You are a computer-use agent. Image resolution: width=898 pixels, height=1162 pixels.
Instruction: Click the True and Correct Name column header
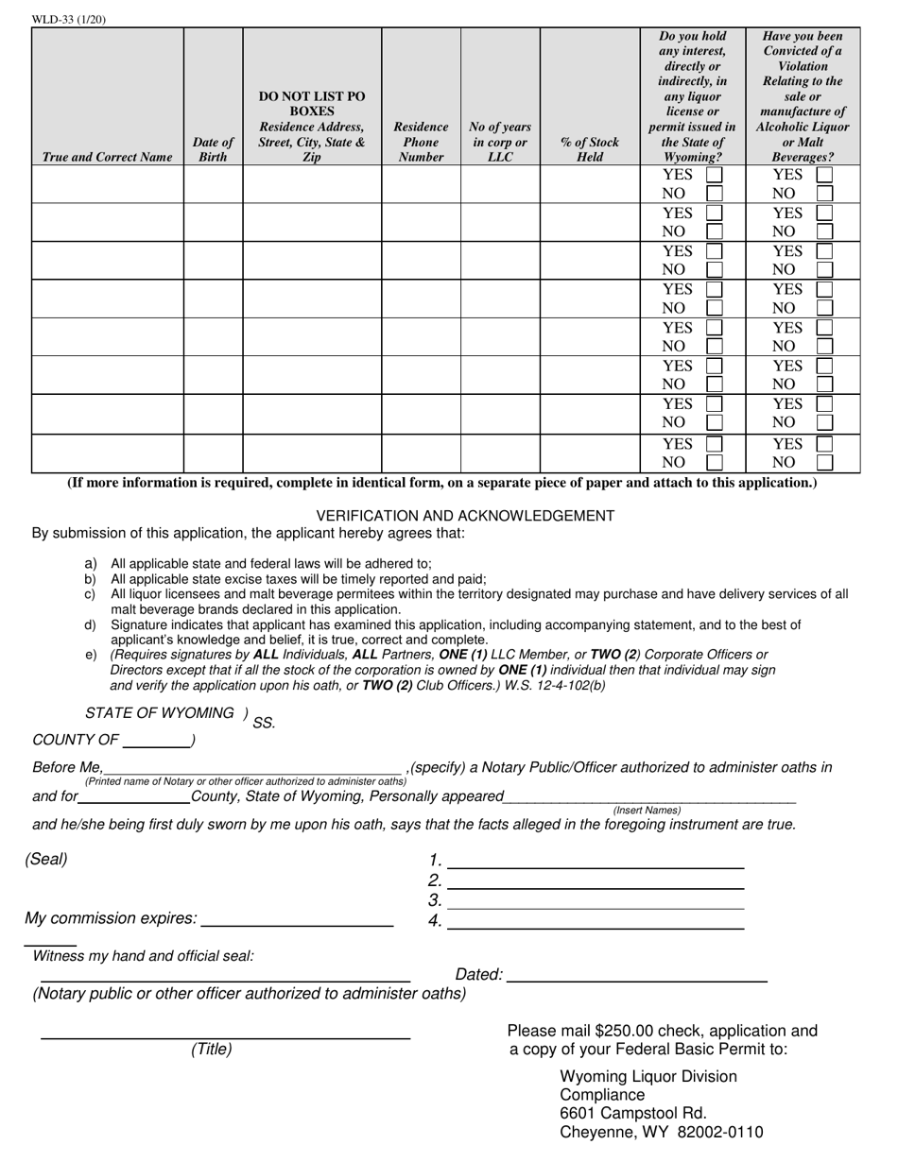pyautogui.click(x=108, y=157)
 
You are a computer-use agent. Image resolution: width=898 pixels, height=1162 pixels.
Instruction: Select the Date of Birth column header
pyautogui.click(x=213, y=149)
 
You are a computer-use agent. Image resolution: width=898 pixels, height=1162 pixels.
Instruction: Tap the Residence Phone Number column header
pyautogui.click(x=421, y=142)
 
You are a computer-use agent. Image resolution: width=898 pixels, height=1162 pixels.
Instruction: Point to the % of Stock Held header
pyautogui.click(x=590, y=149)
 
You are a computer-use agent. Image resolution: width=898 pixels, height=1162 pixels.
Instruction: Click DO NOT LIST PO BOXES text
pyautogui.click(x=311, y=103)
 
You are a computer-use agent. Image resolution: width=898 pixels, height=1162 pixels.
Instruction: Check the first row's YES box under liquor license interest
pyautogui.click(x=716, y=175)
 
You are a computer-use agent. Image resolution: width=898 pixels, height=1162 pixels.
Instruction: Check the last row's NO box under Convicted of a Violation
pyautogui.click(x=825, y=462)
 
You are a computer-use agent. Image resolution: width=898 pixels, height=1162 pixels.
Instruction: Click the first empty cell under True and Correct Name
pyautogui.click(x=108, y=183)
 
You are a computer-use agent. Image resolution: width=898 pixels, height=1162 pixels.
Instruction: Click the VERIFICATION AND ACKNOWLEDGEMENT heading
pyautogui.click(x=464, y=516)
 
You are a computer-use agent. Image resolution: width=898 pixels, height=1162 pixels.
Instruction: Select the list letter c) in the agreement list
pyautogui.click(x=90, y=594)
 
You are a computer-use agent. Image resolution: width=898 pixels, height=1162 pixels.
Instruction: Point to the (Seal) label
pyautogui.click(x=47, y=860)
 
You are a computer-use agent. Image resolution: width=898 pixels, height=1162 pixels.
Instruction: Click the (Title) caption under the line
pyautogui.click(x=212, y=1049)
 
